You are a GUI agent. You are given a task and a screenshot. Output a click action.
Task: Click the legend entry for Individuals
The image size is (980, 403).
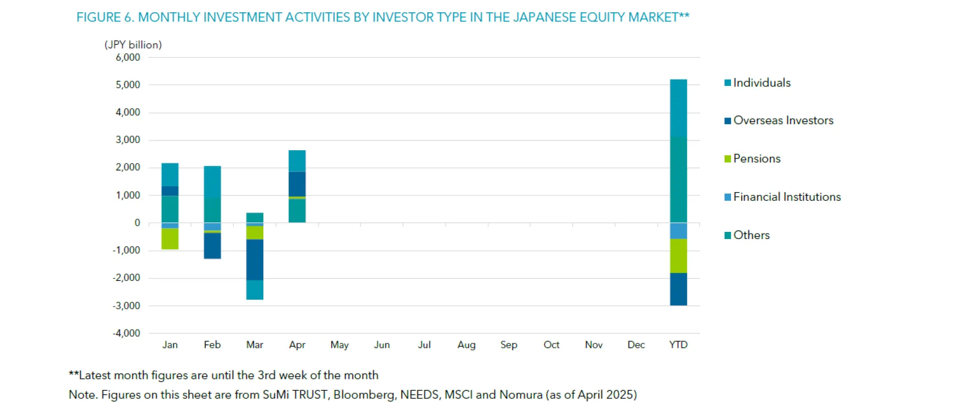(761, 83)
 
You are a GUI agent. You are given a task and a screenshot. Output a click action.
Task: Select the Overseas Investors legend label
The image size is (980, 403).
(782, 121)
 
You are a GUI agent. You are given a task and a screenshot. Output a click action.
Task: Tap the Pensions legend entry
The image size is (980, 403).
(756, 159)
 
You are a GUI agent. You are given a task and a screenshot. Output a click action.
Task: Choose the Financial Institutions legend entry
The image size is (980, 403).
(787, 197)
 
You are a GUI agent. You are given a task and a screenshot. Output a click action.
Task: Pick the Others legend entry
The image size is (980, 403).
(751, 235)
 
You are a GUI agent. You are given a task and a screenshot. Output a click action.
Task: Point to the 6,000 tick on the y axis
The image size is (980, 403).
(128, 58)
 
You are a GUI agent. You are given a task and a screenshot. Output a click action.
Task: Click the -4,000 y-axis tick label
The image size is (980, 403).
(126, 334)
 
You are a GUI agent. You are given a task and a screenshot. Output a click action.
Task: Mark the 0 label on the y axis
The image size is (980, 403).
(137, 223)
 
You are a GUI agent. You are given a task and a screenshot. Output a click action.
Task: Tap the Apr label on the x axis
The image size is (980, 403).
(297, 345)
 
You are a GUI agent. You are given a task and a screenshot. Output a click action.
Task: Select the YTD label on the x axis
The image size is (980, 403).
(678, 345)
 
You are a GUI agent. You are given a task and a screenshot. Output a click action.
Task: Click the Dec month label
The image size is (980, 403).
(636, 345)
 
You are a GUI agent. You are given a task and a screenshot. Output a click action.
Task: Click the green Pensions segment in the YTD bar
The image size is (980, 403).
(678, 256)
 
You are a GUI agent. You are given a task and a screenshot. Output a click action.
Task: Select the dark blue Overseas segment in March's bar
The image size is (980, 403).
(255, 259)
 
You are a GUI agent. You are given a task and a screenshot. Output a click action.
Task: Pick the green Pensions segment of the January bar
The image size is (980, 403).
(170, 239)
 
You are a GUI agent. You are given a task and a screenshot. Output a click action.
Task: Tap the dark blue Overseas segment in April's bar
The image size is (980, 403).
(297, 184)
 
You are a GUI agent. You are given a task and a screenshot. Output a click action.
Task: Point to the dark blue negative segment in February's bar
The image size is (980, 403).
(212, 246)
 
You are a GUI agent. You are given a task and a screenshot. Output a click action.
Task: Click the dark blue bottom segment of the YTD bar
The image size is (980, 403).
(678, 289)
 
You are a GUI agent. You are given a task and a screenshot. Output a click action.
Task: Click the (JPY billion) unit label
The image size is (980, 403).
(133, 45)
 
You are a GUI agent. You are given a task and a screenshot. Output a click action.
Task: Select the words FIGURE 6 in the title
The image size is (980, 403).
(105, 17)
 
